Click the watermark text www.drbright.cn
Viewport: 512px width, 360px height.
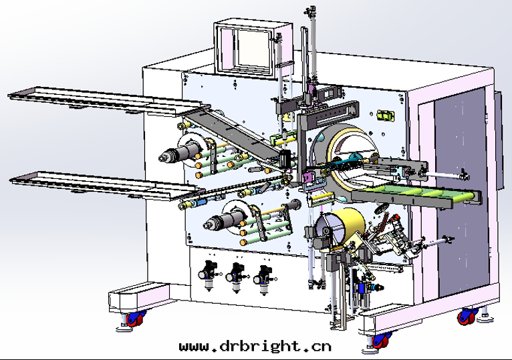point(255,346)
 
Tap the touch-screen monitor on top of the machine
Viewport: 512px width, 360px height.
point(253,49)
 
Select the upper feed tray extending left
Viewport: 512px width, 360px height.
point(108,101)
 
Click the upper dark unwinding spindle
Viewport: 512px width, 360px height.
point(180,152)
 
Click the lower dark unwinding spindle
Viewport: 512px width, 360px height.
point(225,219)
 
